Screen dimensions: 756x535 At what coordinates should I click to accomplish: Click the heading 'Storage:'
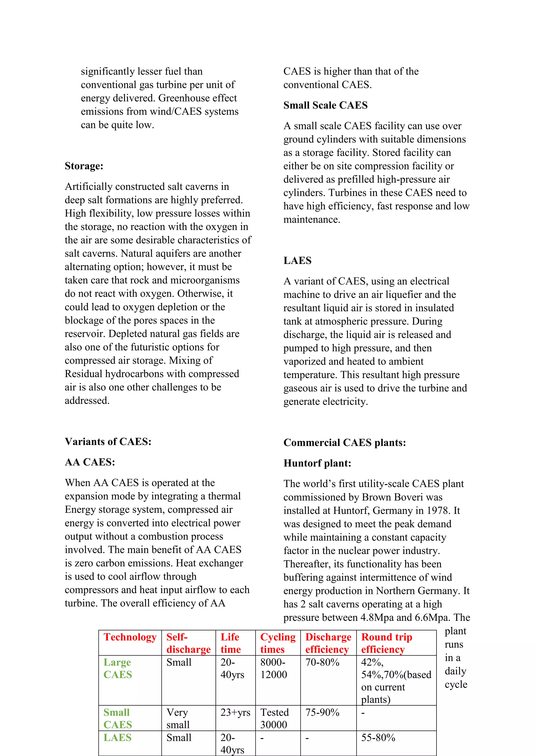coord(84,166)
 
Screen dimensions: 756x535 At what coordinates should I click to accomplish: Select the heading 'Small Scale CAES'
coord(325,105)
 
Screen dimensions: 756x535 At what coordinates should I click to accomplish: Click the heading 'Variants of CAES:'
coord(108,441)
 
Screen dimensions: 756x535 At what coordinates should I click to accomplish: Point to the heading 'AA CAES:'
coord(90,462)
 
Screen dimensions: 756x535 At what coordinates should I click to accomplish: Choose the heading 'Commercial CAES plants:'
coord(345,442)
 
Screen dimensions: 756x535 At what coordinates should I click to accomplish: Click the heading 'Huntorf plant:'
coord(317,463)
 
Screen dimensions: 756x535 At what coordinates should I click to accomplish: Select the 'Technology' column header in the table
coord(130,637)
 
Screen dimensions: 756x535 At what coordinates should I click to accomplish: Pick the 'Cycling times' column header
coord(278,643)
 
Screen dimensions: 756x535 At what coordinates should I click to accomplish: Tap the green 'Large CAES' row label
coord(117,668)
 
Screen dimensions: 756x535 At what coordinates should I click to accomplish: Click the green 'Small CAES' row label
coord(117,718)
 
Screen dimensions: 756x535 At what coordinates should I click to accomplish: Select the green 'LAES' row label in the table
coord(117,737)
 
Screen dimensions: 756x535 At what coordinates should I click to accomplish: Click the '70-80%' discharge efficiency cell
coord(322,663)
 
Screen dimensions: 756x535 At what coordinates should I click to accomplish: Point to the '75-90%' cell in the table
coord(322,713)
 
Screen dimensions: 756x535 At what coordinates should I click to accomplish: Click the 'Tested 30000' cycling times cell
coord(274,718)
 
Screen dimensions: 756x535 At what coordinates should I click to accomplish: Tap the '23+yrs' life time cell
coord(235,713)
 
